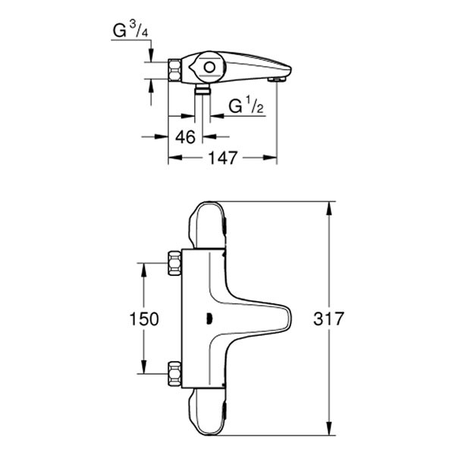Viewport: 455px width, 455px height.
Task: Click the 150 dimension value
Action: [x=144, y=318]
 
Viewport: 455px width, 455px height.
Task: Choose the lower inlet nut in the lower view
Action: [x=174, y=374]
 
